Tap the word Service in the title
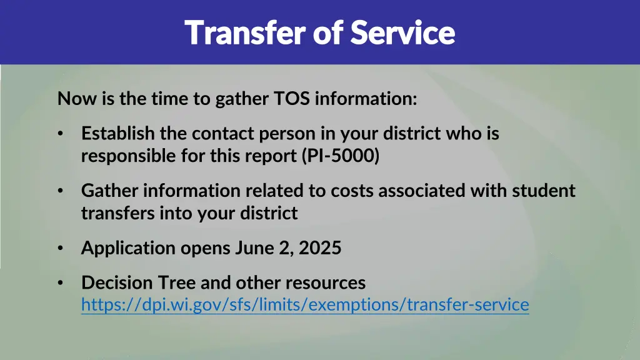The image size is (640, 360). pyautogui.click(x=402, y=32)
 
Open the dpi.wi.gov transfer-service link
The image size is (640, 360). pyautogui.click(x=305, y=305)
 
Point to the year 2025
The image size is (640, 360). pyautogui.click(x=320, y=248)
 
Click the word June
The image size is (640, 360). pyautogui.click(x=253, y=248)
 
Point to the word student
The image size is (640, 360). pyautogui.click(x=544, y=191)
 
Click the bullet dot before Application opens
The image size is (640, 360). pyautogui.click(x=60, y=249)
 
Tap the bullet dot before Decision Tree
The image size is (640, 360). pyautogui.click(x=60, y=283)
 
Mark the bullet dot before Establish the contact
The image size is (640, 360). pyautogui.click(x=60, y=134)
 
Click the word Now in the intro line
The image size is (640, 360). pyautogui.click(x=72, y=99)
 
